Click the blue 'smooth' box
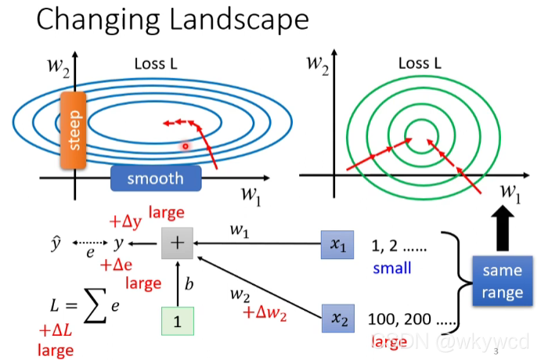click(155, 178)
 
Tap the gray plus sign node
click(177, 243)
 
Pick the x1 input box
click(337, 245)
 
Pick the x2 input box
click(337, 319)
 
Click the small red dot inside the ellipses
click(186, 146)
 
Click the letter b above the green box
click(188, 284)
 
